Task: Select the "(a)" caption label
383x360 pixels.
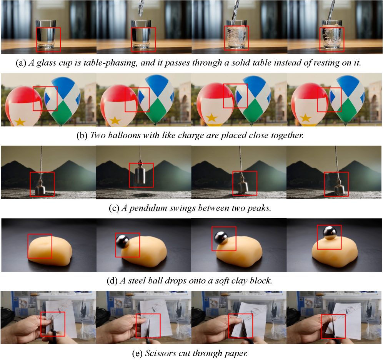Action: coord(21,63)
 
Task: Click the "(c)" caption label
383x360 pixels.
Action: coord(114,208)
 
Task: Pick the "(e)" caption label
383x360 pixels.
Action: coord(137,353)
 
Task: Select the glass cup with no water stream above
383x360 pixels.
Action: coord(46,34)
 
